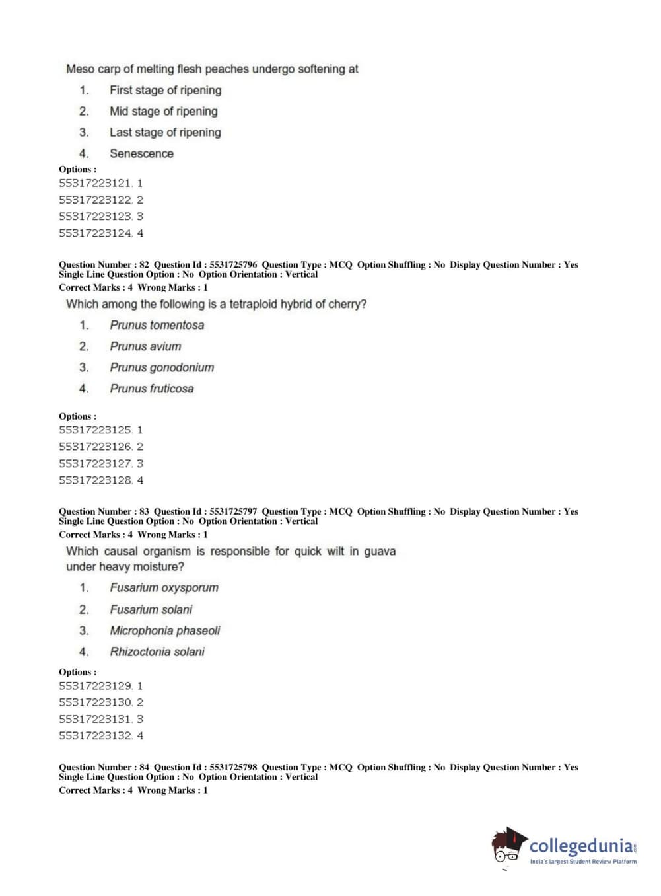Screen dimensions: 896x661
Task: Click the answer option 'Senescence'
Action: tap(141, 153)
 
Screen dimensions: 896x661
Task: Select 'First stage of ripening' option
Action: tap(165, 90)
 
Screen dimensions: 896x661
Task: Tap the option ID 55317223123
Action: tap(95, 216)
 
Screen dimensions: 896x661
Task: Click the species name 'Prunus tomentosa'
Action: tap(157, 325)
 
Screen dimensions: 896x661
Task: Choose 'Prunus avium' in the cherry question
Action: tap(145, 346)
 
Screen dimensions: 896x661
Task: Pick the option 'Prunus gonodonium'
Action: tap(162, 367)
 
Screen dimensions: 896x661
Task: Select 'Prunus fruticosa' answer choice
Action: tap(152, 389)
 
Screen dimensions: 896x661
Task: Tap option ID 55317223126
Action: tap(95, 447)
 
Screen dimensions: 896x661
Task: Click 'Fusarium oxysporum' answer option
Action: tap(164, 587)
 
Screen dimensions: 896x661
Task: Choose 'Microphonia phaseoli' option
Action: tap(164, 630)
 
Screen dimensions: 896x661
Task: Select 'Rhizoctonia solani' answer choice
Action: tap(157, 652)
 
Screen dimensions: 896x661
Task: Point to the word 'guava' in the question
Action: tap(380, 551)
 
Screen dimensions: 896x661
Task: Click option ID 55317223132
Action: tap(95, 735)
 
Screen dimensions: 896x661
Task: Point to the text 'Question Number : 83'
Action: tap(104, 511)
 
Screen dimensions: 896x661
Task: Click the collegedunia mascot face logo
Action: tap(508, 845)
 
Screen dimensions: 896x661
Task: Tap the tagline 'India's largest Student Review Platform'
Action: tap(583, 861)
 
